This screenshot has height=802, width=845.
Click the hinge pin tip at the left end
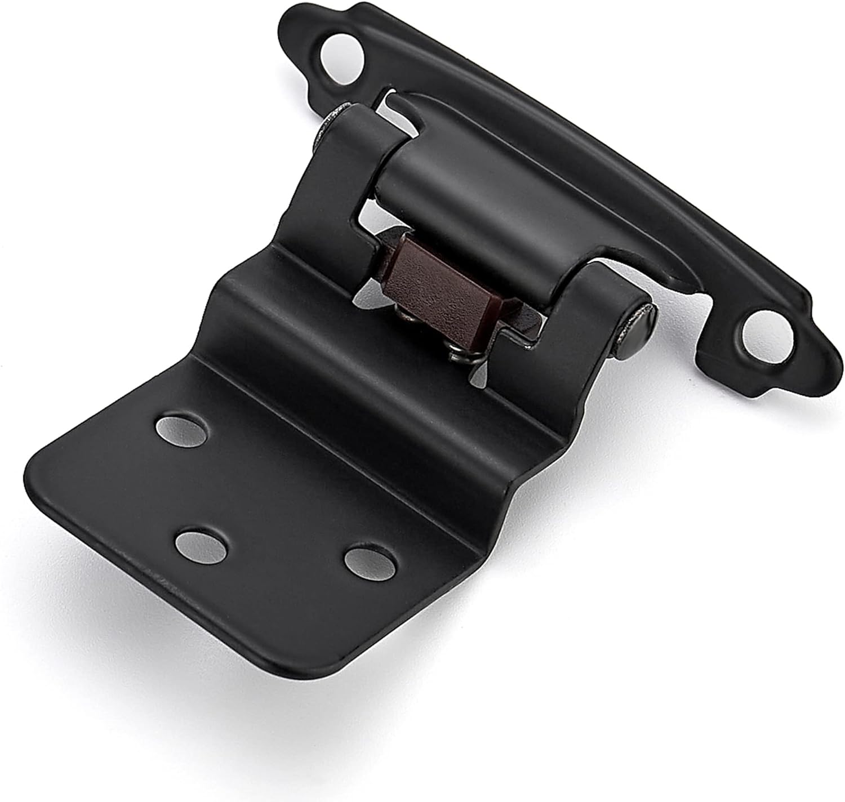tap(333, 120)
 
